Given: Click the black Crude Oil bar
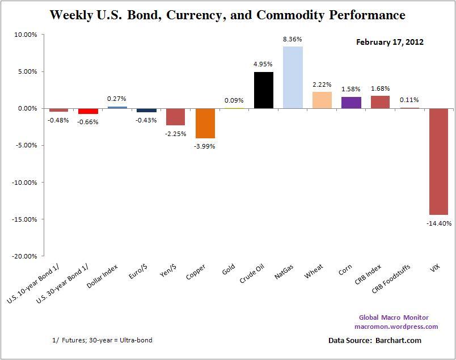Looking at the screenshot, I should tap(264, 90).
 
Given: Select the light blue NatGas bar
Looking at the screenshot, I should tap(293, 77).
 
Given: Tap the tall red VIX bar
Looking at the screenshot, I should tap(439, 161).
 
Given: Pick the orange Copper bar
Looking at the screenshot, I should tap(205, 123).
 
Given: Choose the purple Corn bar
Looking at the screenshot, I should tap(351, 103).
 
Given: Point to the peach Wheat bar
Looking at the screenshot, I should tap(322, 100).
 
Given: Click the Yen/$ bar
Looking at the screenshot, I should tap(176, 117).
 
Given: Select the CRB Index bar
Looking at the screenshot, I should tap(380, 102).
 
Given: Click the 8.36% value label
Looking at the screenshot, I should tap(293, 39).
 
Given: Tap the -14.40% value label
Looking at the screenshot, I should tap(439, 223).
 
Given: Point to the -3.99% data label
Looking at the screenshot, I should tap(205, 146).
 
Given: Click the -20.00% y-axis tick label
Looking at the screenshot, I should tap(24, 256).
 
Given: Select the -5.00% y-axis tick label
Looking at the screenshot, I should tap(26, 145).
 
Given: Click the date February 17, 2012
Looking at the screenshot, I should tap(390, 42).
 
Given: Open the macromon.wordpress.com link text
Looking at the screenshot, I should tap(396, 327).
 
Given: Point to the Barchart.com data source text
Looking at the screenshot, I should tap(398, 341).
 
